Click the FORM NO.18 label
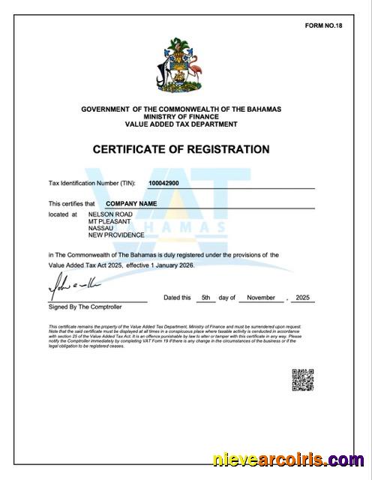tap(322, 25)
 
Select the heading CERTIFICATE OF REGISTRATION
tap(181, 149)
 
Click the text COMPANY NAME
tap(131, 203)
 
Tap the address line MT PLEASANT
tap(109, 221)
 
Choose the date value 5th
tap(205, 298)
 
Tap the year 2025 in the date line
tap(303, 298)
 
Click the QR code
tap(301, 380)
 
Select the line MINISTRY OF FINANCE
tap(181, 117)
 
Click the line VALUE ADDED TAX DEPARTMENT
tap(181, 124)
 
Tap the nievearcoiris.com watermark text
tap(288, 460)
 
